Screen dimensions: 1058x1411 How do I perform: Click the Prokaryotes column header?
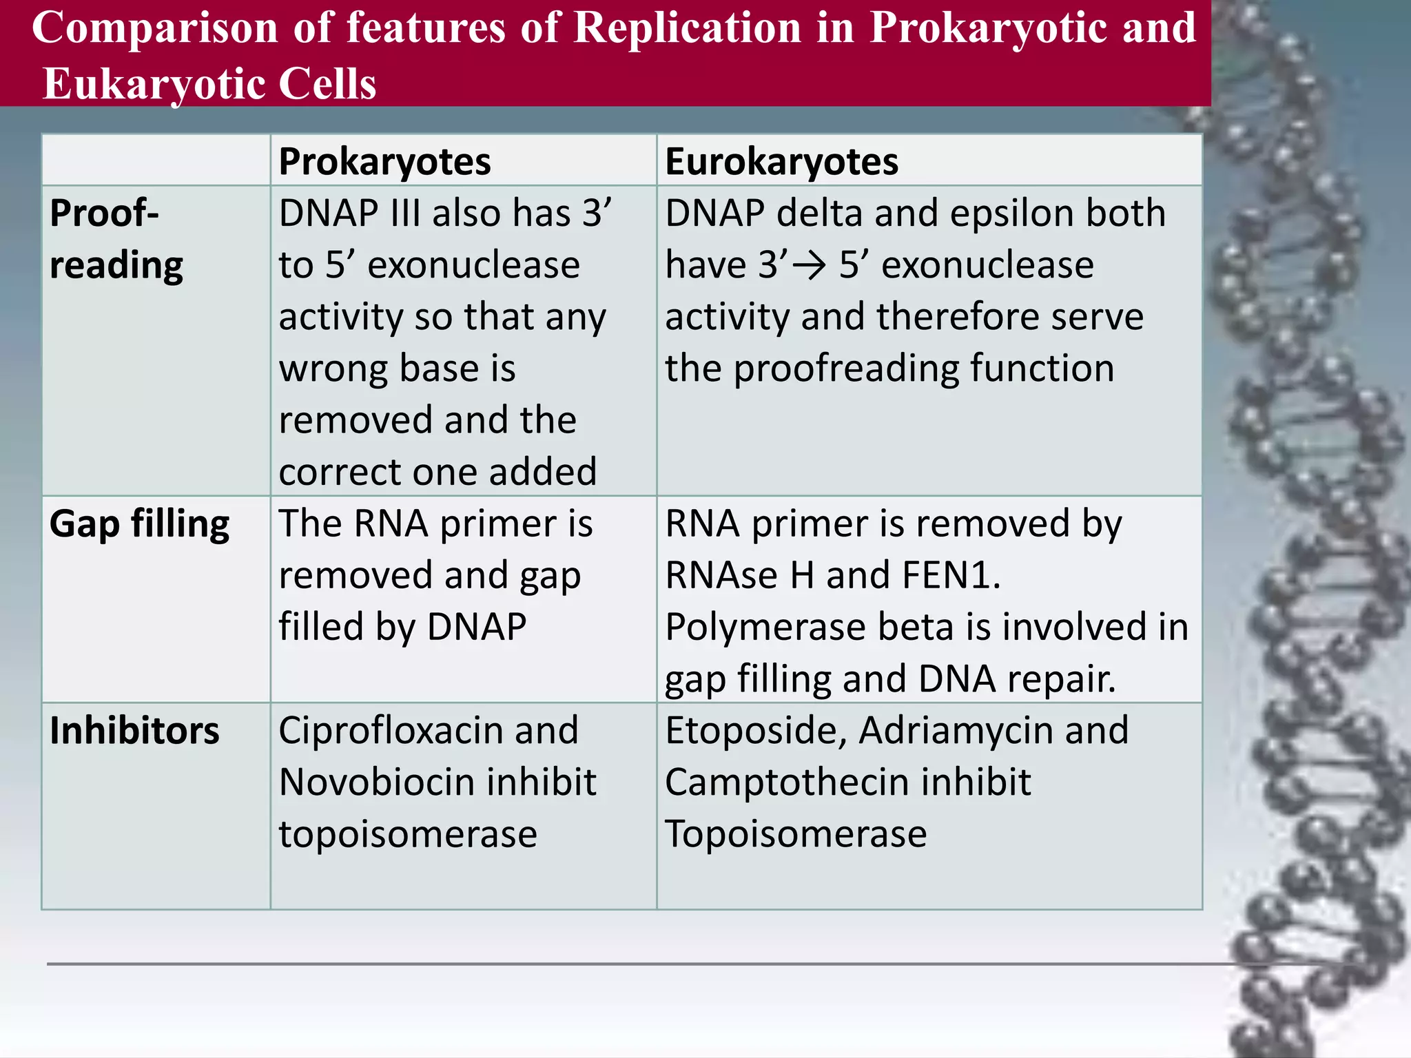pos(384,162)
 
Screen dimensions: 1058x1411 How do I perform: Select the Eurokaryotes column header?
pos(781,162)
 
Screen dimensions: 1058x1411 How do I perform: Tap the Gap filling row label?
pos(139,524)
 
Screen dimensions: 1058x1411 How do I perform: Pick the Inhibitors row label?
pos(134,731)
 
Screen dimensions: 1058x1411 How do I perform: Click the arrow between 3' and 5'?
pos(810,266)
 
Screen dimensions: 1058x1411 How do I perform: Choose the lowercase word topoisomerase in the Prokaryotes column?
pos(408,834)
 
